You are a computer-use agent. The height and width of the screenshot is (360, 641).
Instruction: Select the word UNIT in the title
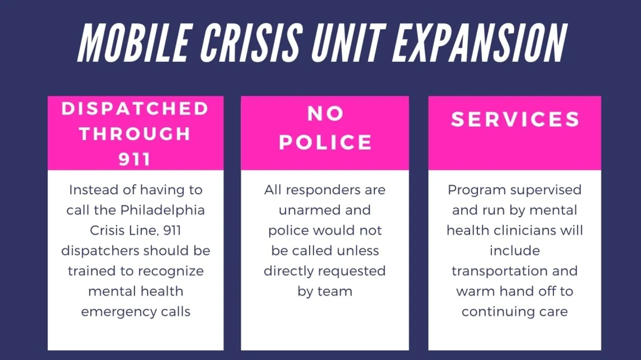(340, 42)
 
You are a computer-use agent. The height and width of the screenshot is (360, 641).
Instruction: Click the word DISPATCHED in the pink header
(135, 109)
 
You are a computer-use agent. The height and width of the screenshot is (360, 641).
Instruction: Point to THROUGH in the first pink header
(135, 134)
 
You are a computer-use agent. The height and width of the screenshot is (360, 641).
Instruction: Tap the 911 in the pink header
(135, 159)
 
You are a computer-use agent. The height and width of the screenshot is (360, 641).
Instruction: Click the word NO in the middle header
(325, 114)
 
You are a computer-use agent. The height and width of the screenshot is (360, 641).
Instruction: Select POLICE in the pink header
(325, 142)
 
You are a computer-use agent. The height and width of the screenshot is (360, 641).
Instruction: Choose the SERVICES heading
(515, 120)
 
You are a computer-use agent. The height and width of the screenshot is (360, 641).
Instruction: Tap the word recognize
(171, 271)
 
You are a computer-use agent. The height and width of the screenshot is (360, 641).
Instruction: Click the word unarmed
(303, 210)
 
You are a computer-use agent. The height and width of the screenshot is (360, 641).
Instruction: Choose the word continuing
(492, 311)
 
